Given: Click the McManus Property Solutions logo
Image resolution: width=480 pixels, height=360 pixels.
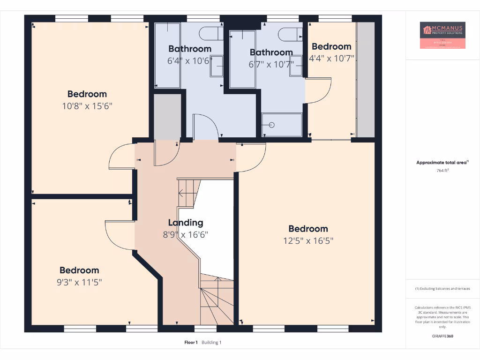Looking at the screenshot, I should coord(442,35).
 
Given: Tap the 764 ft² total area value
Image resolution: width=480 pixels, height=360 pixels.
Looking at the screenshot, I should coord(442,171).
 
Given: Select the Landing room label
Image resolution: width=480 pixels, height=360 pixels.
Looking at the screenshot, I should coord(186,223).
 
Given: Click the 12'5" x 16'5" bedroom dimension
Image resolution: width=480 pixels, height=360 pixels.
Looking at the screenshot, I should coord(308,241).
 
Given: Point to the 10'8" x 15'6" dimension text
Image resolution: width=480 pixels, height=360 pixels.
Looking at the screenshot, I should coord(87,106).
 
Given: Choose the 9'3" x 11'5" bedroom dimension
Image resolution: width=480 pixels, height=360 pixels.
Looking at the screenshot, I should coord(79,282).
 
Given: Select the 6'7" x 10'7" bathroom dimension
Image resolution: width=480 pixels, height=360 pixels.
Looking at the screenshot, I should coord(271,64).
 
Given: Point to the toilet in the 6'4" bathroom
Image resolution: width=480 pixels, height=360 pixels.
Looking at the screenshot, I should coord(209,33).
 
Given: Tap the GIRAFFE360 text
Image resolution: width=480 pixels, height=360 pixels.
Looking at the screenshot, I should coord(442,336).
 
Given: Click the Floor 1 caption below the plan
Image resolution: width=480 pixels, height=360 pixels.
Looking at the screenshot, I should coord(191,343).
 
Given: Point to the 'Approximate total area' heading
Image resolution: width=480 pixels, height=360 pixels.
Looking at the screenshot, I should coord(442,163).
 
